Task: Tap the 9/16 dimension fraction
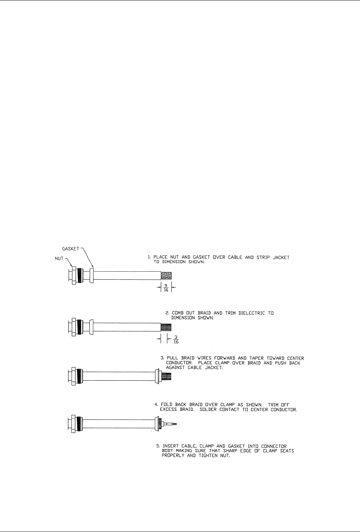[x=166, y=288]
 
